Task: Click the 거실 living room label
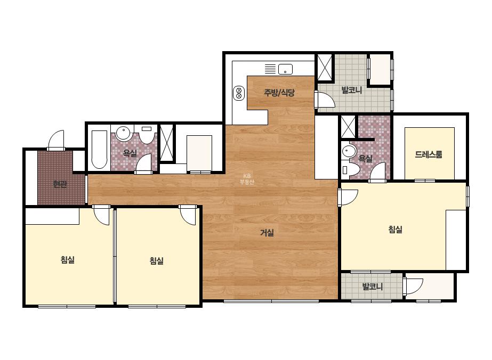(x=267, y=233)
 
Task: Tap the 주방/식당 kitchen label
(x=279, y=93)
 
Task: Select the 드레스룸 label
(x=429, y=154)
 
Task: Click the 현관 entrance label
(x=60, y=184)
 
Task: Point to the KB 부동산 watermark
(x=247, y=179)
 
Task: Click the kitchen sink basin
(x=285, y=69)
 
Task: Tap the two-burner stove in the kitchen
(x=239, y=93)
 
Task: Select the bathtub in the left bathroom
(x=99, y=149)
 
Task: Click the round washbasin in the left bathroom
(x=123, y=133)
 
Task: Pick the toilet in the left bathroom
(x=147, y=134)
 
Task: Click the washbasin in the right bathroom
(x=348, y=151)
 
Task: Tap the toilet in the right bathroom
(x=351, y=170)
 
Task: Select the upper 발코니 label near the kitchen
(x=352, y=91)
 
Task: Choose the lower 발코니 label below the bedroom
(x=373, y=287)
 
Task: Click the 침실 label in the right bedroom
(x=396, y=230)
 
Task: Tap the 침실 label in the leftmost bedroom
(x=68, y=260)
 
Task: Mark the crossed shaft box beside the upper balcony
(x=325, y=68)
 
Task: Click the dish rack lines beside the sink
(x=270, y=69)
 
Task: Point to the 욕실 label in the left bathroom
(x=130, y=153)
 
